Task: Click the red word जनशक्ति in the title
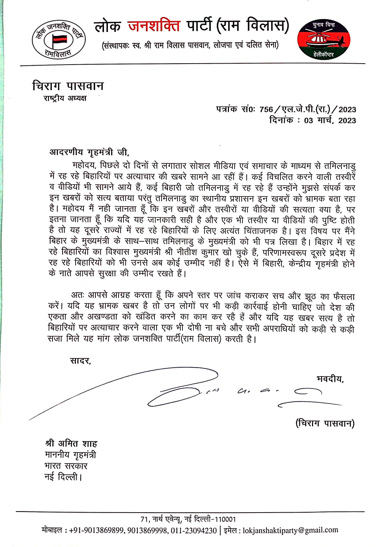(154, 26)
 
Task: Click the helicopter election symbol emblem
(323, 39)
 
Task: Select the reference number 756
(266, 109)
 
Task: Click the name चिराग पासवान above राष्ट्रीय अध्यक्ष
(68, 86)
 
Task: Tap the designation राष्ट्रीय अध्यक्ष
(65, 98)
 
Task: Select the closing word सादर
(81, 361)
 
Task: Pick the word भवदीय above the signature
(330, 379)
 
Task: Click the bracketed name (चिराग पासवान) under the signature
(325, 423)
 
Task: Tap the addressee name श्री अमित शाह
(71, 443)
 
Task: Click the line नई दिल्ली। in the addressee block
(63, 477)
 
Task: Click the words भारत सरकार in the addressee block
(66, 466)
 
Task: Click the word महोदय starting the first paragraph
(84, 166)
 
